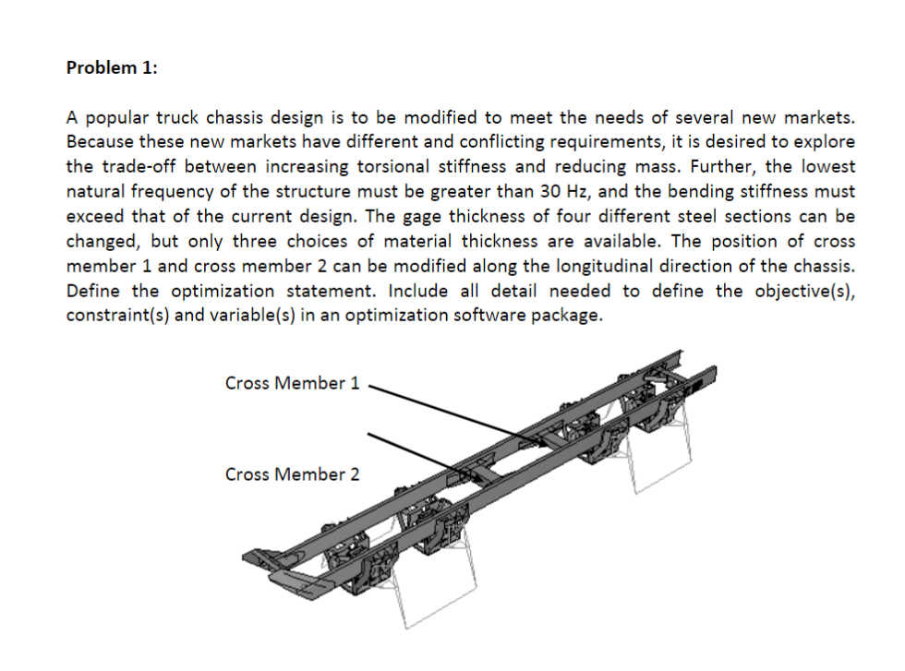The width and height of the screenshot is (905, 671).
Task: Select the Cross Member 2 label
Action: click(x=292, y=474)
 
